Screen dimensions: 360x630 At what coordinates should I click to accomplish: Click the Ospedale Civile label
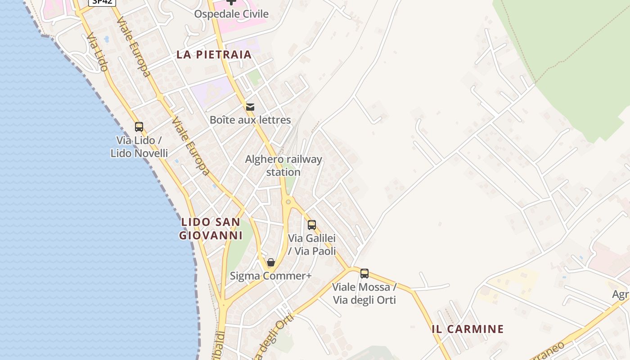[231, 14]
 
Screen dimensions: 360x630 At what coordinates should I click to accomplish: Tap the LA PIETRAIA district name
[214, 55]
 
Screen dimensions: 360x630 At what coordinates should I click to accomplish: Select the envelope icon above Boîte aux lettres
[250, 107]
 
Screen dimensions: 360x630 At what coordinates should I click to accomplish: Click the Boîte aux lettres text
[250, 120]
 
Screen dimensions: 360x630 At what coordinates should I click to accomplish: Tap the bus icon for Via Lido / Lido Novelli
[139, 127]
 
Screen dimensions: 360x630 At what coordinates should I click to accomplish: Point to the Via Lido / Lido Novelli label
[139, 147]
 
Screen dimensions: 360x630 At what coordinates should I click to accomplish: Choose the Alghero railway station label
[283, 166]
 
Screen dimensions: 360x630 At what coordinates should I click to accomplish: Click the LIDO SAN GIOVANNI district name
[210, 229]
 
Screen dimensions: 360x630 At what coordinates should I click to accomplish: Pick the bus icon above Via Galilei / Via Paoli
[312, 225]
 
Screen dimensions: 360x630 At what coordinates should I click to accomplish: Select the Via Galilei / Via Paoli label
[312, 244]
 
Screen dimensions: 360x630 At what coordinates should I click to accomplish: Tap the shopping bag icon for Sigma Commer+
[271, 262]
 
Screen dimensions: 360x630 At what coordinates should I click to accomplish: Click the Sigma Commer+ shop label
[271, 276]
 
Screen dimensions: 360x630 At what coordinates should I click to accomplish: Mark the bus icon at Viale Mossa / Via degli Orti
[364, 273]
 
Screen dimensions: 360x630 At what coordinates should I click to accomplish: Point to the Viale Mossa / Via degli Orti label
[364, 293]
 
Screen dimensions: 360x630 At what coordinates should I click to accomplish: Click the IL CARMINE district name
[468, 329]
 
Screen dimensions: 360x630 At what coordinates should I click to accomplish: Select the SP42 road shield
[102, 2]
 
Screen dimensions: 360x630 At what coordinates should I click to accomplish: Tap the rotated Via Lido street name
[97, 52]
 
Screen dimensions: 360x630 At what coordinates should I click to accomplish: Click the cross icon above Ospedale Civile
[231, 2]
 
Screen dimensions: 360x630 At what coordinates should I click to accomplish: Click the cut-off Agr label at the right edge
[621, 295]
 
